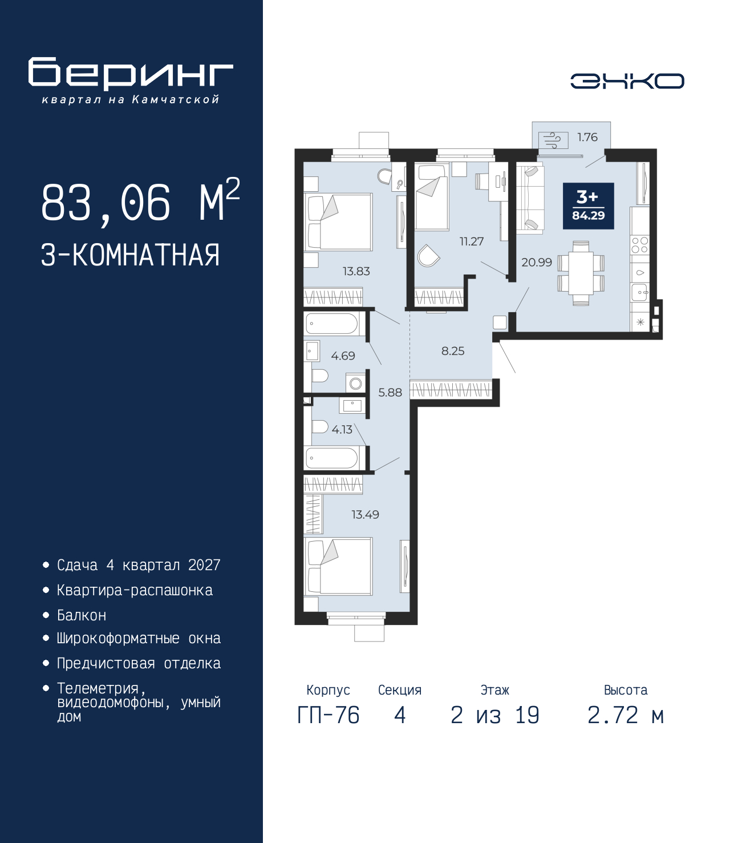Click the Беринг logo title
131,74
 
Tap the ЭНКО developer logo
627,81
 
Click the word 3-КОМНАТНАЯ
131,256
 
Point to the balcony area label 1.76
587,138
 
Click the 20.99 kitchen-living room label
537,262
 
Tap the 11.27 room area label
472,241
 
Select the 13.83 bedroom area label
356,271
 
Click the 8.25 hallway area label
453,351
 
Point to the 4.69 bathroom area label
343,356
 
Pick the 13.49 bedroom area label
365,515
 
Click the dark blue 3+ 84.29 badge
588,206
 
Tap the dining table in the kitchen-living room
581,273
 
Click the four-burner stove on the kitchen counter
639,245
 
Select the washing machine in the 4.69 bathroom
356,383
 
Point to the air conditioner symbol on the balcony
553,141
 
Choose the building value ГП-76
328,715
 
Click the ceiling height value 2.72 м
626,715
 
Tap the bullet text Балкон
82,615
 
